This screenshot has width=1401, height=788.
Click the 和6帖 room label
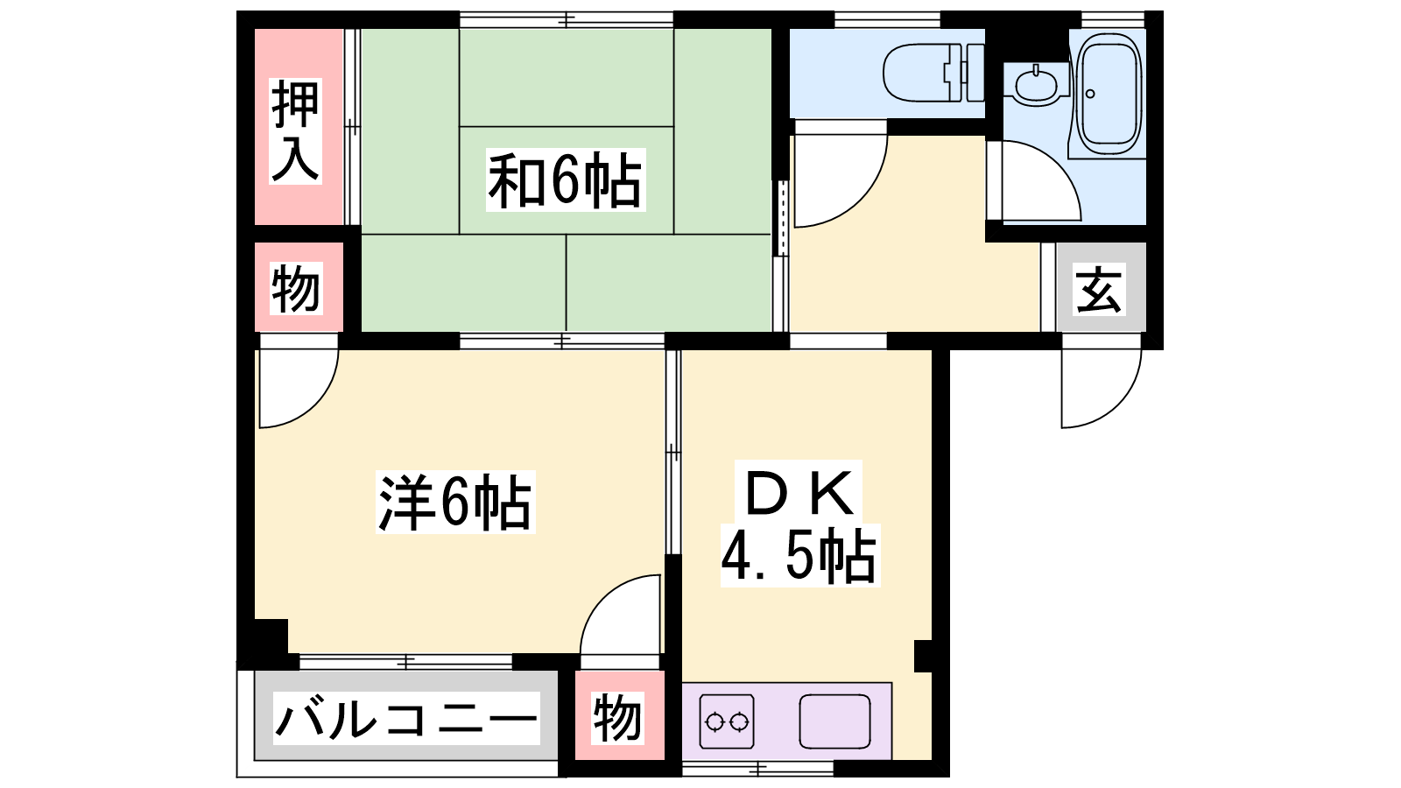[566, 179]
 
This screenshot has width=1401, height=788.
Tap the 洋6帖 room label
[455, 503]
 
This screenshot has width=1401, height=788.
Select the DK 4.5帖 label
[800, 524]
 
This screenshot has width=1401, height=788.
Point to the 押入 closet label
[295, 131]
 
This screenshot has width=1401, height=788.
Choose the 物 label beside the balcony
[618, 718]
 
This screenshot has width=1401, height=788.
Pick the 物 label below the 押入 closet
[295, 289]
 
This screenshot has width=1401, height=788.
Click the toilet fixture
[933, 73]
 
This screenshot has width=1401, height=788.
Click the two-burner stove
[727, 721]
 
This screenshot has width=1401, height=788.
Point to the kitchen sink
[835, 721]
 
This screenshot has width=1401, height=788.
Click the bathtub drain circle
[1090, 94]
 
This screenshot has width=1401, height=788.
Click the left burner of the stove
[714, 722]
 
